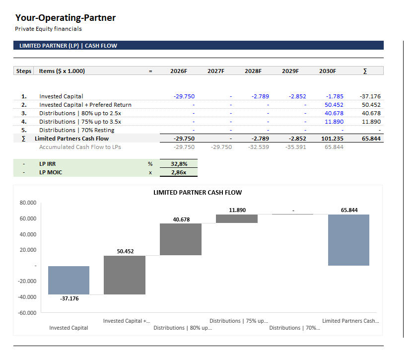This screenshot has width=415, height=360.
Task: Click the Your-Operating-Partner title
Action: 65,18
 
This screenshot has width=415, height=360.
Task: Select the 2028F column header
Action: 253,71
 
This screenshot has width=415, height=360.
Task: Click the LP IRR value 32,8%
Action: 179,163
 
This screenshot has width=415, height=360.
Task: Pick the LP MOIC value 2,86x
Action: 179,172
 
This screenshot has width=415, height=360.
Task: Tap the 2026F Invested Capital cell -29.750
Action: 184,96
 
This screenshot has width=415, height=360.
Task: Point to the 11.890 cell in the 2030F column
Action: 334,122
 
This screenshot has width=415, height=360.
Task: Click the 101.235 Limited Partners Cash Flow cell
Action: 333,139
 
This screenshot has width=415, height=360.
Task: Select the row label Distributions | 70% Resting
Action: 76,130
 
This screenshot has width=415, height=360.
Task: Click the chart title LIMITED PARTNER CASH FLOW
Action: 198,192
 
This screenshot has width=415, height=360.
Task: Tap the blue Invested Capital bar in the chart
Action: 69,280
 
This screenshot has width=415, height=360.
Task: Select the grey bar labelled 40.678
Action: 181,239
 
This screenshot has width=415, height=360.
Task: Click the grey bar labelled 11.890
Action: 237,218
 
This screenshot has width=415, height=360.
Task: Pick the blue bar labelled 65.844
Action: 348,240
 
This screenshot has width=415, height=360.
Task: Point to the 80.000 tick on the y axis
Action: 28,203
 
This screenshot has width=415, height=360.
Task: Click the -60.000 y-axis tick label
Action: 28,313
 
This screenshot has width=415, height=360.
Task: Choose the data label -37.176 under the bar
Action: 69,298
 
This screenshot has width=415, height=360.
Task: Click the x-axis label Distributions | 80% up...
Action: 182,328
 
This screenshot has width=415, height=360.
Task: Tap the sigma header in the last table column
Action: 365,71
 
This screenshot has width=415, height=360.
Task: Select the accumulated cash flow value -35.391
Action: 295,147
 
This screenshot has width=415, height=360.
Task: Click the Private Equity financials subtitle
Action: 48,29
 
